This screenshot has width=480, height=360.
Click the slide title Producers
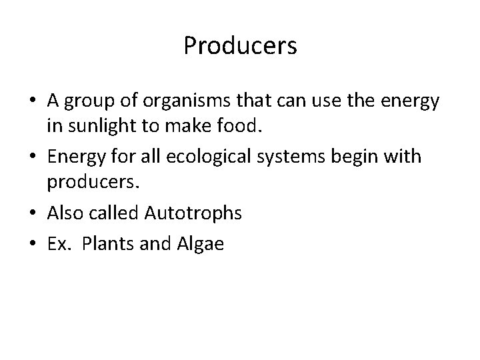click(x=240, y=47)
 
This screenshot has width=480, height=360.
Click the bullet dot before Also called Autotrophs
click(x=38, y=214)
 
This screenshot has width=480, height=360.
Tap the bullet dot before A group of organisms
click(x=38, y=101)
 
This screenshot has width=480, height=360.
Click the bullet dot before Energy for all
click(x=38, y=157)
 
